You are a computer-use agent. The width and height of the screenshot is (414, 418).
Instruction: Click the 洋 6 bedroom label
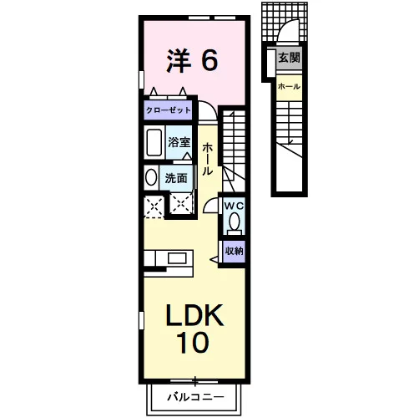(192, 61)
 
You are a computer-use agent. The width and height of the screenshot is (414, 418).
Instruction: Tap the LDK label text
(194, 315)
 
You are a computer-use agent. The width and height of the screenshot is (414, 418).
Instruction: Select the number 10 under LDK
(193, 342)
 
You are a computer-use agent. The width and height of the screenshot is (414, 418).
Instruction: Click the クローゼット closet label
(169, 110)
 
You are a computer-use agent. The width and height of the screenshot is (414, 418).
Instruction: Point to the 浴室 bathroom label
(179, 142)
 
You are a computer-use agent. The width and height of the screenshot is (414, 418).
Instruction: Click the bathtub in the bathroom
(154, 142)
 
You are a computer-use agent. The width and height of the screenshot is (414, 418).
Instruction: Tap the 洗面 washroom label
(176, 178)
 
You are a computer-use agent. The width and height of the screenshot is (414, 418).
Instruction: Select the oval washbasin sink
(151, 177)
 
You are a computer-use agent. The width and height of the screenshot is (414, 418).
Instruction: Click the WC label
(234, 206)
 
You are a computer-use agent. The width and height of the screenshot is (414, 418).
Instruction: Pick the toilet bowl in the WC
(235, 222)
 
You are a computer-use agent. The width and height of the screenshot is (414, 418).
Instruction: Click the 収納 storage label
(234, 251)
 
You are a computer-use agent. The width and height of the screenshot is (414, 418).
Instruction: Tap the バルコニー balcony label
(195, 397)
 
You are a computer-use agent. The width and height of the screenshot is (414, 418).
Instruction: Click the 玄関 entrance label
(290, 58)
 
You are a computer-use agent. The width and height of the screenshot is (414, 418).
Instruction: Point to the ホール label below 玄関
(289, 86)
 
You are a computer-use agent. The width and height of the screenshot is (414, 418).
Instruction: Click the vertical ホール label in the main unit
(208, 159)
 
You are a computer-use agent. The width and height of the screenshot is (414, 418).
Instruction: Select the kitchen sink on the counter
(177, 258)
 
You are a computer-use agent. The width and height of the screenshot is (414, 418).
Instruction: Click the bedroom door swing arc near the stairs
(211, 106)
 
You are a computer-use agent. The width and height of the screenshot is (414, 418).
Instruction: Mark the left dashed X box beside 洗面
(154, 206)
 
